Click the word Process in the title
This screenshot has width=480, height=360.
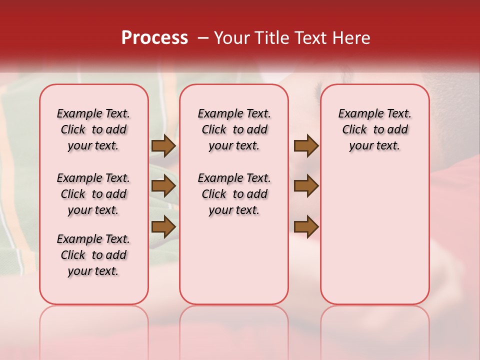pos(154,38)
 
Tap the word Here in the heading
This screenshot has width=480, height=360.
pos(351,38)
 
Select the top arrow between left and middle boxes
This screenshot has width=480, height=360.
pos(163,145)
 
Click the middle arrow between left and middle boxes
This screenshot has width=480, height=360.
pos(163,186)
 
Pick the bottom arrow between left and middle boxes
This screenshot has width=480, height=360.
pos(163,227)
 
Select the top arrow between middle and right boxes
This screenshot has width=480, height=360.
pos(306,145)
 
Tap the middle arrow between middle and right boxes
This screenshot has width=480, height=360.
pos(306,186)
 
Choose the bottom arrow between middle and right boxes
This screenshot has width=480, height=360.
pos(306,227)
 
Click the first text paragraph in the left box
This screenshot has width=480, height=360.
pos(93,129)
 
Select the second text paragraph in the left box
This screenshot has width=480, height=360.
pos(93,194)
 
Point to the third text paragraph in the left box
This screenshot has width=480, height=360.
pos(93,255)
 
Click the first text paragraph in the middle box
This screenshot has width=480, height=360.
pos(234,129)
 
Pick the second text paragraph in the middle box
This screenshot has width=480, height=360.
pos(234,194)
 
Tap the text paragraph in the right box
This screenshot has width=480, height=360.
pos(374,129)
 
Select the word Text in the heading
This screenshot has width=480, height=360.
pos(314,38)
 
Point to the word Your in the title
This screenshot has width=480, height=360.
pos(231,38)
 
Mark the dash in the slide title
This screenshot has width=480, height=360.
pos(203,38)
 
